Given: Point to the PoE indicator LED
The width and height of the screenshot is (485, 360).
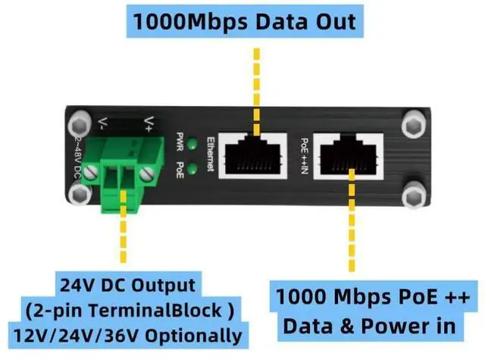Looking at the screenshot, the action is tap(193, 168).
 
